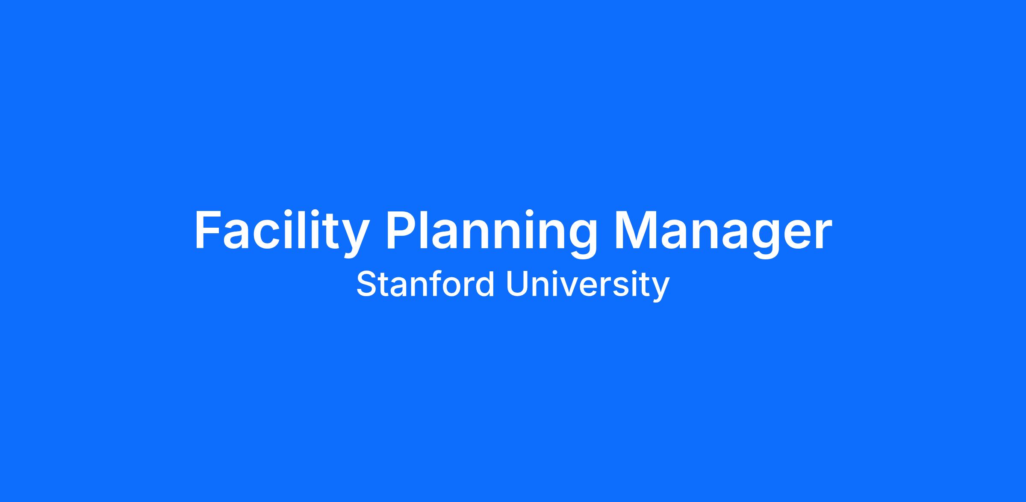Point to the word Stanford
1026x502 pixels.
tap(425, 284)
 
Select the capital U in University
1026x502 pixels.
tap(517, 284)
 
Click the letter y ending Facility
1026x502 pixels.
tap(354, 240)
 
